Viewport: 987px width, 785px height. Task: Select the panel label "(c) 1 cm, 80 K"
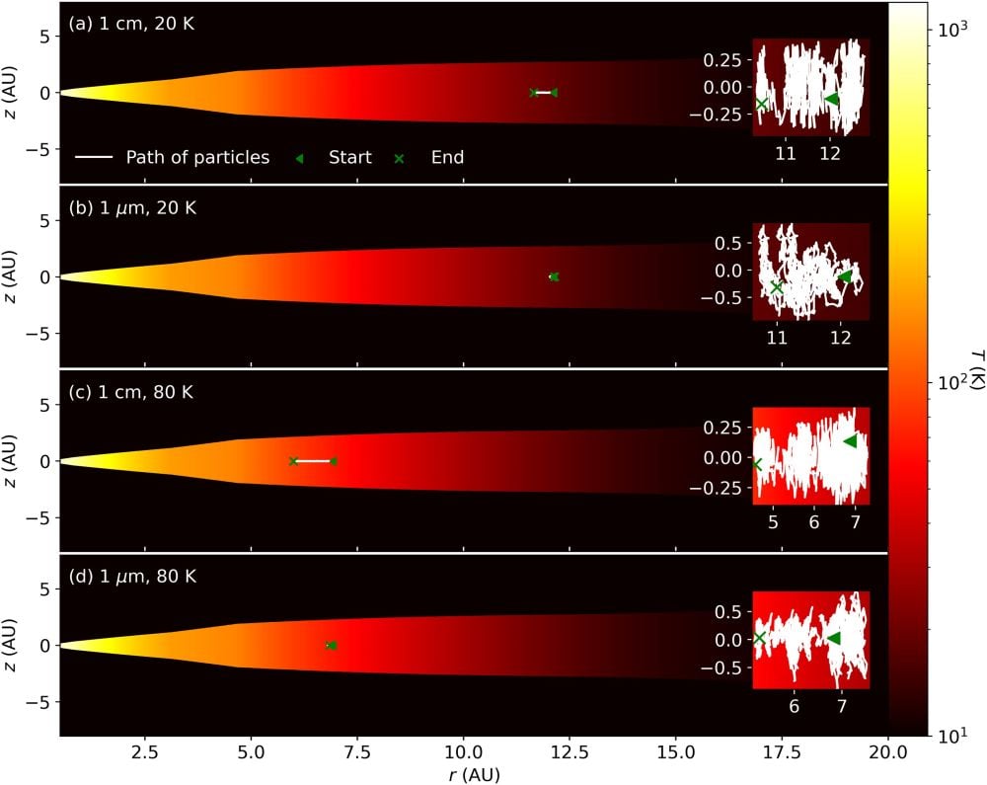coord(132,392)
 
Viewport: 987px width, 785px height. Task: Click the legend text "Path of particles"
coord(197,157)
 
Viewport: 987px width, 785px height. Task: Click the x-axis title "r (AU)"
coord(474,773)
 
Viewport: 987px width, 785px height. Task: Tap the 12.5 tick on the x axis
coord(569,752)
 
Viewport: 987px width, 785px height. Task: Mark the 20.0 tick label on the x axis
coord(887,752)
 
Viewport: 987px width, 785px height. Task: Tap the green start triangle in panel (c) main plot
coord(334,461)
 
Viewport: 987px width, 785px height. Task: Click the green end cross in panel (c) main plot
coord(293,461)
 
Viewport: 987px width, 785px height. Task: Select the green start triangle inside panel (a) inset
coord(832,99)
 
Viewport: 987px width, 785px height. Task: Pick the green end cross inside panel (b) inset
coord(777,287)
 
